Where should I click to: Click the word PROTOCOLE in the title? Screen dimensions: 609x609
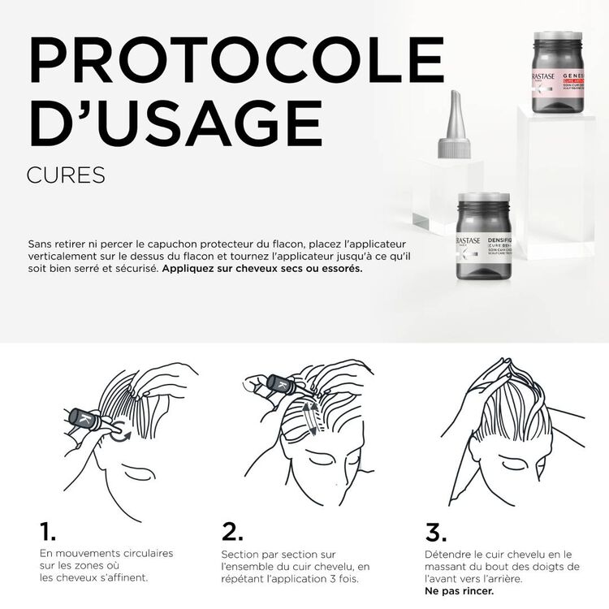235,59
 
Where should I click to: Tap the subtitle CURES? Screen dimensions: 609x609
66,175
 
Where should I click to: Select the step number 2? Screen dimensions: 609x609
232,532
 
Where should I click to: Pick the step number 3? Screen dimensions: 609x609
436,532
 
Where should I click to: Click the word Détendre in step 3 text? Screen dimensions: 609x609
447,553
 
